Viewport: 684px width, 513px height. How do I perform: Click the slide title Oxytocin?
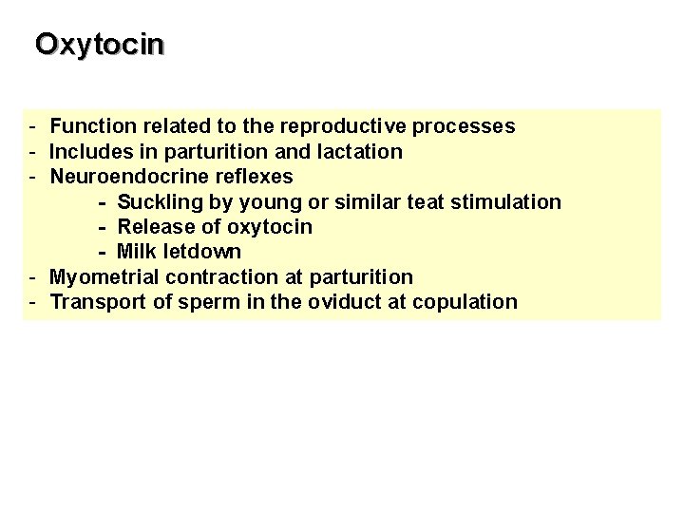coord(100,44)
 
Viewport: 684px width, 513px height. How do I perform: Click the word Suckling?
coord(156,202)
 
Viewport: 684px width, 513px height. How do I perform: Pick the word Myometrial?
coord(104,277)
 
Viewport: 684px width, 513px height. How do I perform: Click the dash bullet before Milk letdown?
coord(103,253)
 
